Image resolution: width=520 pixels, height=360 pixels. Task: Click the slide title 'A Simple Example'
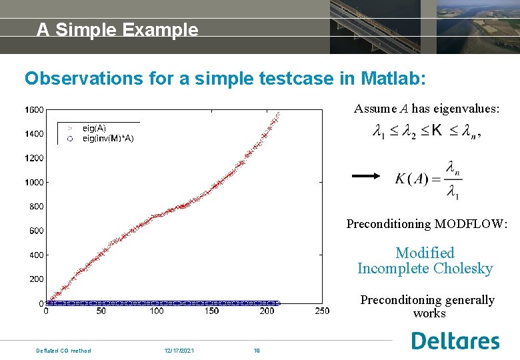pos(117,30)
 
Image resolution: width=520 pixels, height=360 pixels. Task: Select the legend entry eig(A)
pos(93,127)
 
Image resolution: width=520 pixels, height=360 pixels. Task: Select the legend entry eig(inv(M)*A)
pos(107,139)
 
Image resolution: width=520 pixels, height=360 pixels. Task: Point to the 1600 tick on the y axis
pos(35,109)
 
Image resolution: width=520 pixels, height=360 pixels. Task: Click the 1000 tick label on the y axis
pos(35,182)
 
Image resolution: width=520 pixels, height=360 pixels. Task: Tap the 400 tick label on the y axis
pos(37,255)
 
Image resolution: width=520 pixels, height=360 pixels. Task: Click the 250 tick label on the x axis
pos(321,311)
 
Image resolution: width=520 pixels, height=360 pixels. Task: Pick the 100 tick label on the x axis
pos(156,311)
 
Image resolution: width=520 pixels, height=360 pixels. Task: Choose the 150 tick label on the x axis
pos(211,311)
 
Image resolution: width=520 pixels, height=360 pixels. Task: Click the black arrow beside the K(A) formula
pos(366,176)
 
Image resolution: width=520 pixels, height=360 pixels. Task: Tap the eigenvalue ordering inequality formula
pos(427,131)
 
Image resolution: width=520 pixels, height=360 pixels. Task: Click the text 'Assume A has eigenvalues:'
pos(426,109)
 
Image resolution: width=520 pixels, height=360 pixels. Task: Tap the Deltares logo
pos(455,341)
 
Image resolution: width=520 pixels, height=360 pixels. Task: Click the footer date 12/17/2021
pos(179,350)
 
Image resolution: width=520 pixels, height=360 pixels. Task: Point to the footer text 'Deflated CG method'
pos(63,350)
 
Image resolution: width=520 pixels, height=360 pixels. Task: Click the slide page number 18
pos(256,350)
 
